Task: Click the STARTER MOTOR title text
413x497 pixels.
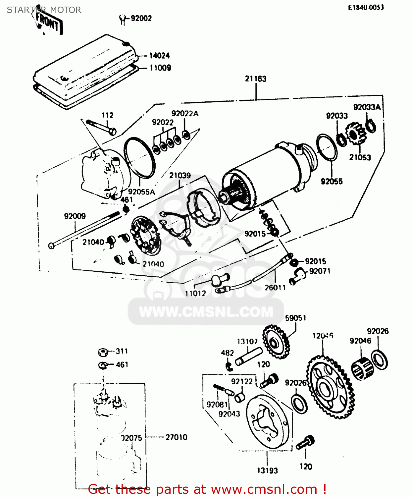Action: [x=44, y=10]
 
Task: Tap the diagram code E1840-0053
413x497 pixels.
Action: [x=366, y=7]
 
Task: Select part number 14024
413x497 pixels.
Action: [x=159, y=56]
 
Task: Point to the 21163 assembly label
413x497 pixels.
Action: [x=255, y=79]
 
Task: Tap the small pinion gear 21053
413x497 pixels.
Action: [x=355, y=134]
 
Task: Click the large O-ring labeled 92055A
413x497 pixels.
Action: [x=139, y=157]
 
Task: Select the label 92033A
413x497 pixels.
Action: [x=367, y=107]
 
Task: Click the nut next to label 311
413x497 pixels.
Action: [x=103, y=352]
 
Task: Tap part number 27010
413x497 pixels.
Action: [x=176, y=437]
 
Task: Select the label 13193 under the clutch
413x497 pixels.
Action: [x=267, y=470]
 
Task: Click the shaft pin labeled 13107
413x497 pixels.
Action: [x=249, y=357]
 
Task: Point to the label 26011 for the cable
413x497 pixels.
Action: [x=275, y=288]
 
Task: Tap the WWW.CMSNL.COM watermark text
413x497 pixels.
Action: [x=206, y=312]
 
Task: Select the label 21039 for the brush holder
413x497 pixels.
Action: [x=180, y=176]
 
